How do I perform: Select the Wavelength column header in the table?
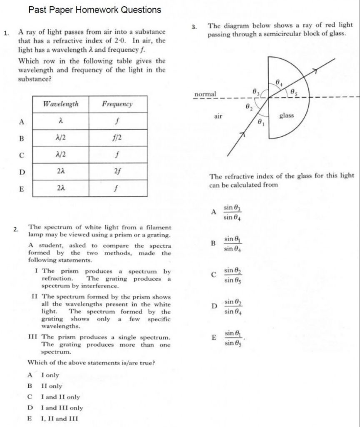61,104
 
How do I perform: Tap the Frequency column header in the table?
117,104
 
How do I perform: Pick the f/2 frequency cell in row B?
117,138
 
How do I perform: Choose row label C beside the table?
21,155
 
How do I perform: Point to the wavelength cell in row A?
61,121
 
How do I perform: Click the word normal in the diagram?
205,94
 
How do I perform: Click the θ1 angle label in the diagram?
261,123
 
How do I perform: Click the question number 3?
194,28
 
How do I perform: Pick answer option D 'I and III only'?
62,408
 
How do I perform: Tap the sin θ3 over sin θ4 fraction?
232,212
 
